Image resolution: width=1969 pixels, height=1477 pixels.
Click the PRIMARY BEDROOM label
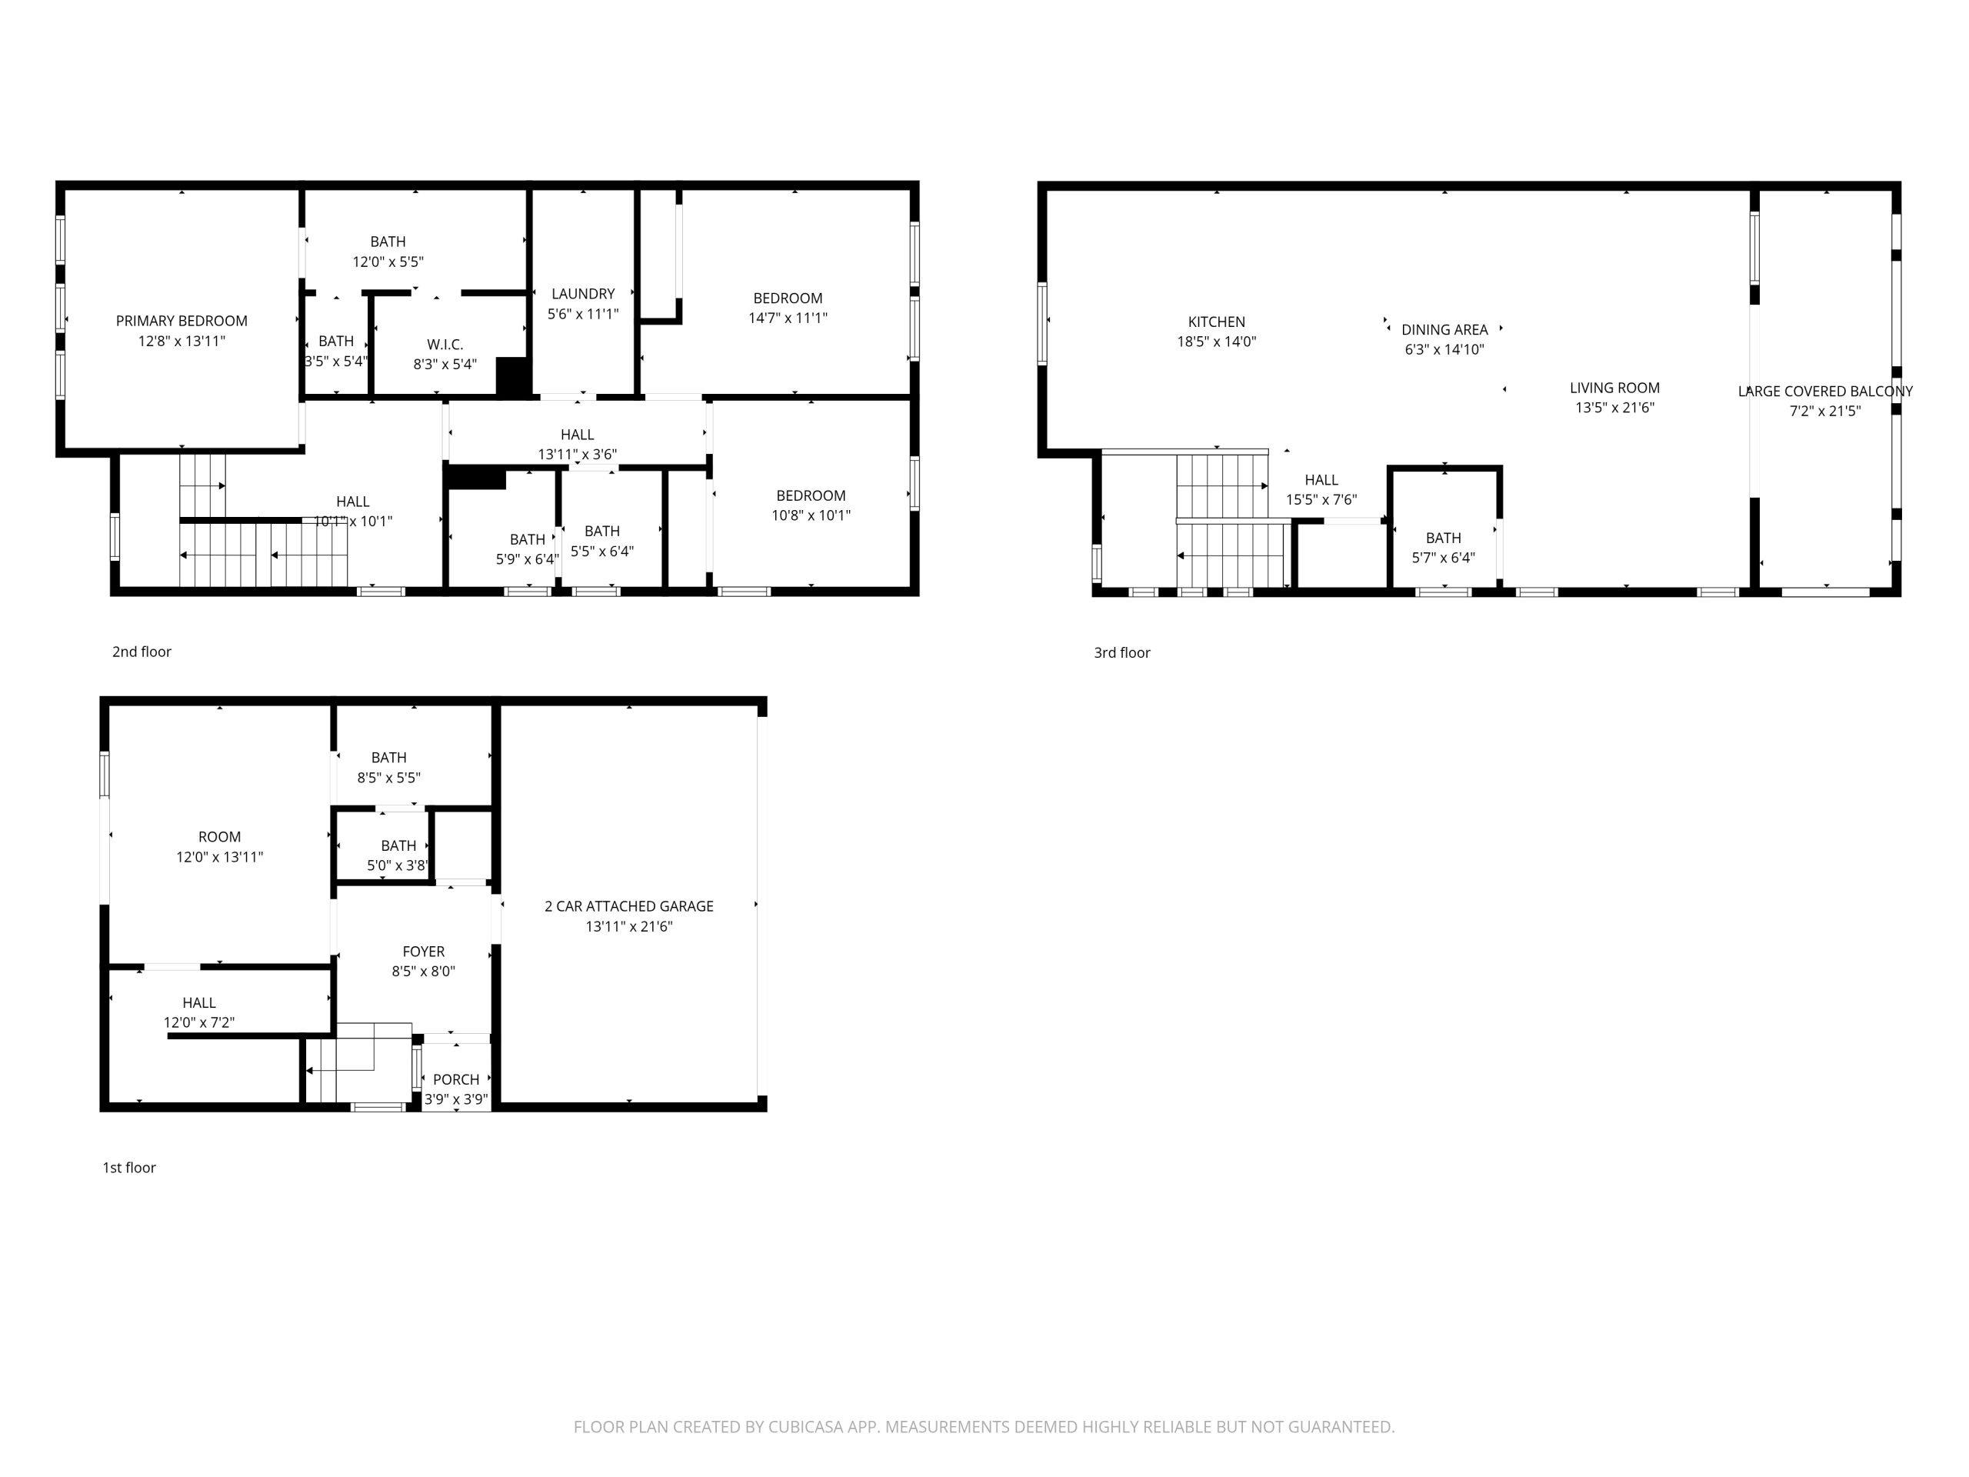click(x=182, y=322)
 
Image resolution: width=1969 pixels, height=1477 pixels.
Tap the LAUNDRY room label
click(x=583, y=294)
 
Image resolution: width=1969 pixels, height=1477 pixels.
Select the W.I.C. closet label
click(x=445, y=345)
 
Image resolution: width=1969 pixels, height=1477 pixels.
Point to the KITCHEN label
click(x=1216, y=322)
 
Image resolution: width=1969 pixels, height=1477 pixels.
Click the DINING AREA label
click(x=1444, y=329)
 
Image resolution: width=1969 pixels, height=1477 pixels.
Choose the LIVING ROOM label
click(x=1614, y=388)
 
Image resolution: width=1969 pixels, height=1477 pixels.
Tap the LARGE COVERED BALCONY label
click(x=1826, y=392)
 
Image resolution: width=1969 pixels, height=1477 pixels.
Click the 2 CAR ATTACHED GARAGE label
click(x=629, y=906)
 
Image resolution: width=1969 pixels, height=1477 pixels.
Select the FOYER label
click(x=424, y=952)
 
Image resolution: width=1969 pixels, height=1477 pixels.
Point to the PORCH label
click(x=457, y=1080)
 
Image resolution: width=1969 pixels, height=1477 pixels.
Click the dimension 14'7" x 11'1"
click(x=788, y=318)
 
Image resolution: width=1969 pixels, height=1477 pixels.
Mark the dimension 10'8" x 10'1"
click(x=811, y=515)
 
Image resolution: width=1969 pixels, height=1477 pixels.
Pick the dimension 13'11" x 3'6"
click(x=577, y=454)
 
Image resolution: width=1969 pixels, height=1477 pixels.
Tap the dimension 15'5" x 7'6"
click(x=1322, y=500)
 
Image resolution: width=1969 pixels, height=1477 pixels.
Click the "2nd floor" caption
click(x=142, y=652)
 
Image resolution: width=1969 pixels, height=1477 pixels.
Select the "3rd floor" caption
click(x=1122, y=652)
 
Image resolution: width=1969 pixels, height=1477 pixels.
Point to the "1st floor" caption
click(x=129, y=1167)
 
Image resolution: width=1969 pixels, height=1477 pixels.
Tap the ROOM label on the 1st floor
click(x=220, y=837)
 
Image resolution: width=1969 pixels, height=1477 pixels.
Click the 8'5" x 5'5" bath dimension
click(x=389, y=777)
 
